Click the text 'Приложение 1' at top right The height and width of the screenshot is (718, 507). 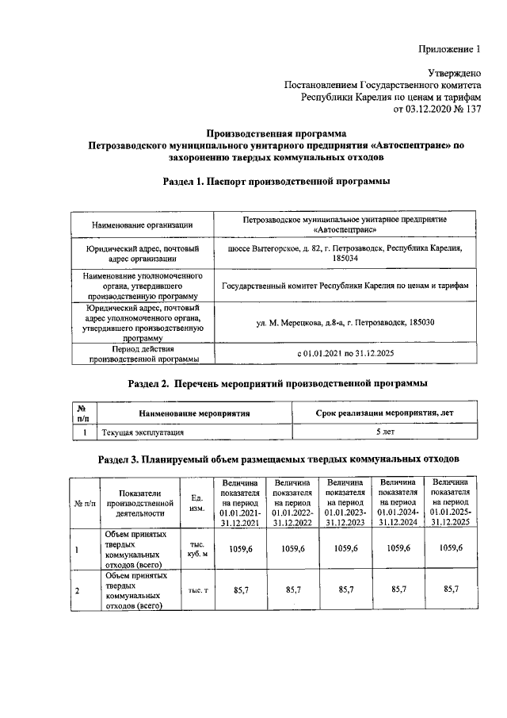point(450,50)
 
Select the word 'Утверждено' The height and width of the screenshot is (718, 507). point(455,73)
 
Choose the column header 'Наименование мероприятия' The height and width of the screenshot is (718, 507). point(194,413)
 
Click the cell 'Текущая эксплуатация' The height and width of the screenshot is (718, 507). point(139,432)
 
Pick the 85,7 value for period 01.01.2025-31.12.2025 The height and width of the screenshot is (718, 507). point(451,590)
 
